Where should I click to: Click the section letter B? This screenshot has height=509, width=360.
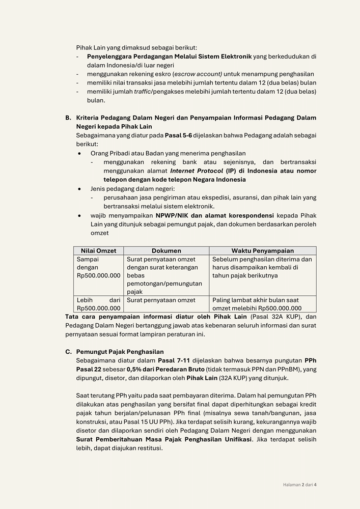click(x=68, y=118)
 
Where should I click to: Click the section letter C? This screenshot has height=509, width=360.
click(x=68, y=352)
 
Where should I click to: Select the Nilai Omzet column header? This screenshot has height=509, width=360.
click(x=98, y=251)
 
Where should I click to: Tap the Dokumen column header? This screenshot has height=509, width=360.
click(x=166, y=251)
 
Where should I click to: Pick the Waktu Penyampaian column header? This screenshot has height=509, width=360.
click(x=262, y=251)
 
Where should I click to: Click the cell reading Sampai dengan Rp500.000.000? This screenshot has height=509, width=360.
click(x=98, y=267)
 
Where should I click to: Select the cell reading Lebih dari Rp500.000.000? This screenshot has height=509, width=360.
click(x=98, y=304)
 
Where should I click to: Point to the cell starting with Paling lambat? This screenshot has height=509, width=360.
click(x=262, y=304)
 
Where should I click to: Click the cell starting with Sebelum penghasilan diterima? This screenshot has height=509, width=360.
click(x=262, y=267)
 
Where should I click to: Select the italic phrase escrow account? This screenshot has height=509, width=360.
click(x=198, y=74)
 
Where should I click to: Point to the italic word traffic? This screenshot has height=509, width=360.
click(x=144, y=92)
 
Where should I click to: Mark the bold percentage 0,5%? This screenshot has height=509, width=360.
click(x=134, y=369)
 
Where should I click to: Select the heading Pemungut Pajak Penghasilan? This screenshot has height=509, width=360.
click(x=120, y=352)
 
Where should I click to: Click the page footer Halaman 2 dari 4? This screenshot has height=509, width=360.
click(x=300, y=485)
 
